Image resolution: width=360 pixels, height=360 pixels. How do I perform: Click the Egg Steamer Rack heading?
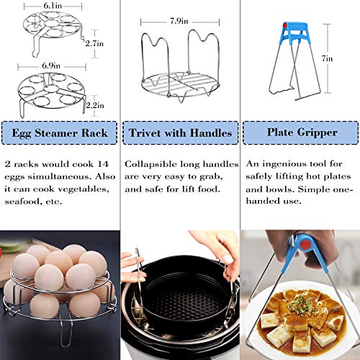click(x=59, y=132)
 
